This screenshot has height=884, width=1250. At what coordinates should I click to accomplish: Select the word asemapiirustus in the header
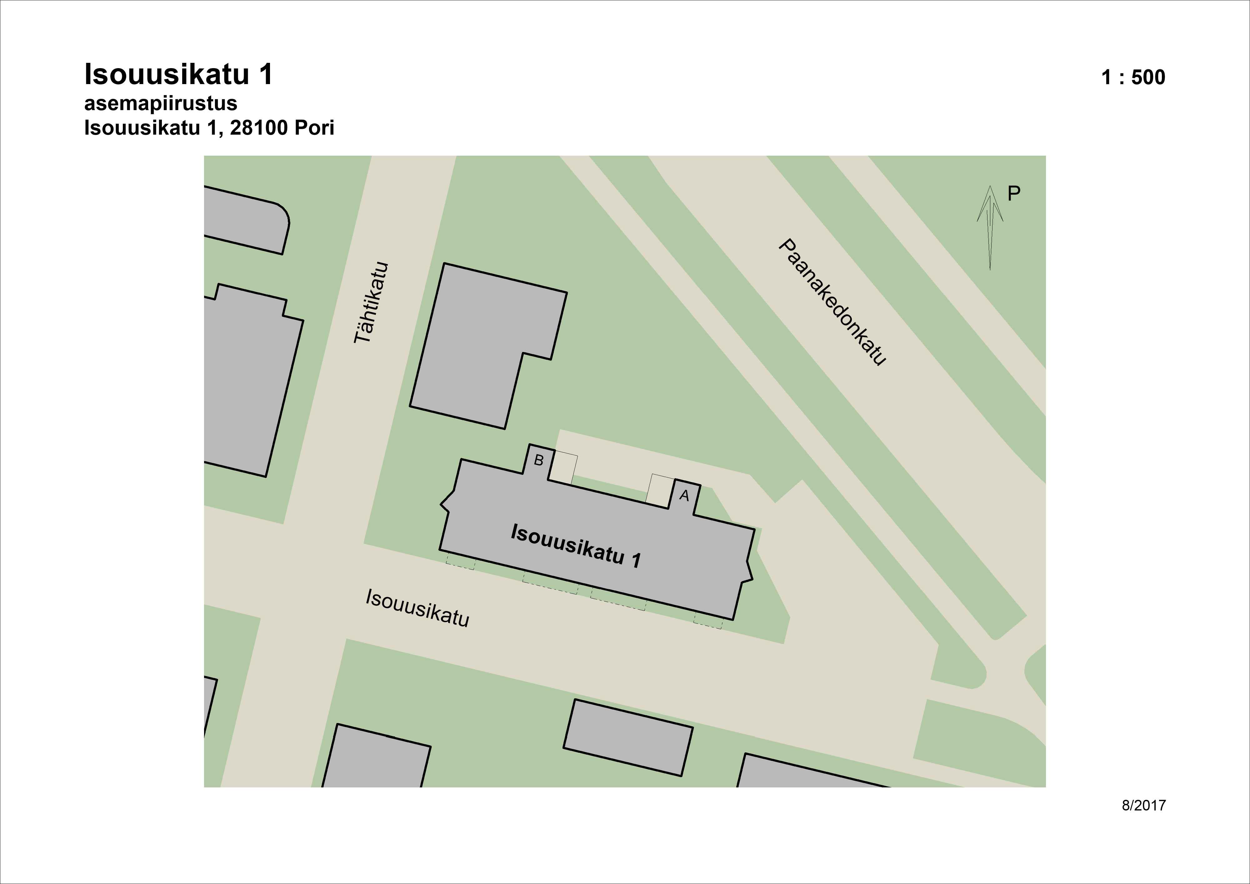(161, 103)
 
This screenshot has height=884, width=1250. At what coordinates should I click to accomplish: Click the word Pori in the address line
(314, 128)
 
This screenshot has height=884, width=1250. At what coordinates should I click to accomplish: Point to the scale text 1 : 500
(1133, 77)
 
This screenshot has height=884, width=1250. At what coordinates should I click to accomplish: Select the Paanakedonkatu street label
(831, 302)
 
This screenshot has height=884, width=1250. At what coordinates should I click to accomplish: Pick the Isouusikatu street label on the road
(417, 608)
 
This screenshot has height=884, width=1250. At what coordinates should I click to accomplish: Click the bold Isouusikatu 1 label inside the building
(575, 546)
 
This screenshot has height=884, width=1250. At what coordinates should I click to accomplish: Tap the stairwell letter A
(684, 496)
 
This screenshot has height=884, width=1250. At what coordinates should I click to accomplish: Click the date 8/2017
(1143, 806)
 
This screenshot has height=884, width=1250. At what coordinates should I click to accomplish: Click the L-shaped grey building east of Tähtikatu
(479, 343)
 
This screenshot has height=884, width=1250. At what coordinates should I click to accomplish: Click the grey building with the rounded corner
(245, 221)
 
